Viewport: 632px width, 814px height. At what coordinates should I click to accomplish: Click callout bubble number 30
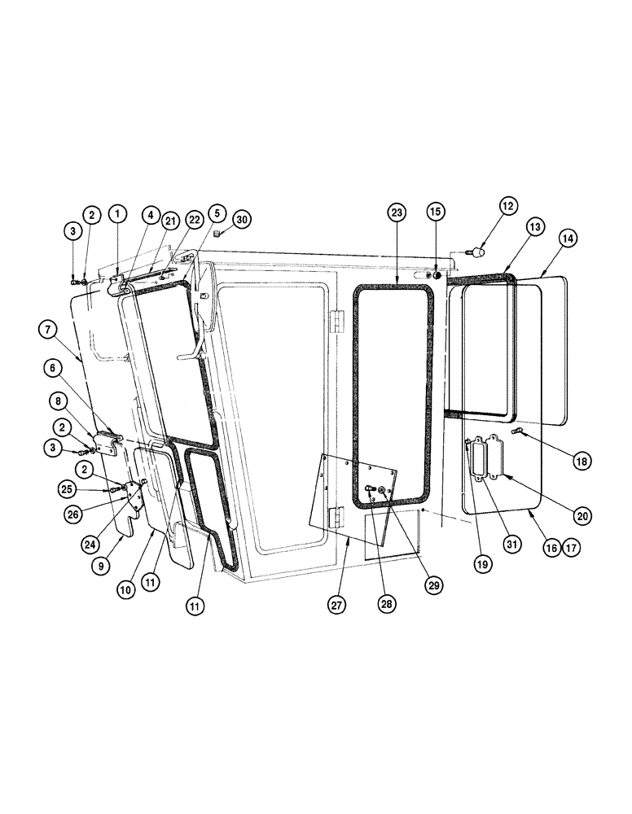pos(242,219)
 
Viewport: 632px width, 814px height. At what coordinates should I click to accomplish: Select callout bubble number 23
pos(396,213)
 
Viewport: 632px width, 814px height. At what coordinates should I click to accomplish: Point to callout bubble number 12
pos(508,207)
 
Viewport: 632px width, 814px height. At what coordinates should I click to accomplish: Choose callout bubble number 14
pos(568,239)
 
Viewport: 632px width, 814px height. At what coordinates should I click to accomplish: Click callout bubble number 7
pos(47,330)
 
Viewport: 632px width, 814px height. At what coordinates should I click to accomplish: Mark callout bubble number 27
pos(336,605)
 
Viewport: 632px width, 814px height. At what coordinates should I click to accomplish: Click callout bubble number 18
pos(581,461)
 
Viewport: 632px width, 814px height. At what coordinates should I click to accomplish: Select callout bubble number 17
pos(571,549)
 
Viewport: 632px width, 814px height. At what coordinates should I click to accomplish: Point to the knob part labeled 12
pos(479,252)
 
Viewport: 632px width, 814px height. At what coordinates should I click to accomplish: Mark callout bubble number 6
pos(55,368)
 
